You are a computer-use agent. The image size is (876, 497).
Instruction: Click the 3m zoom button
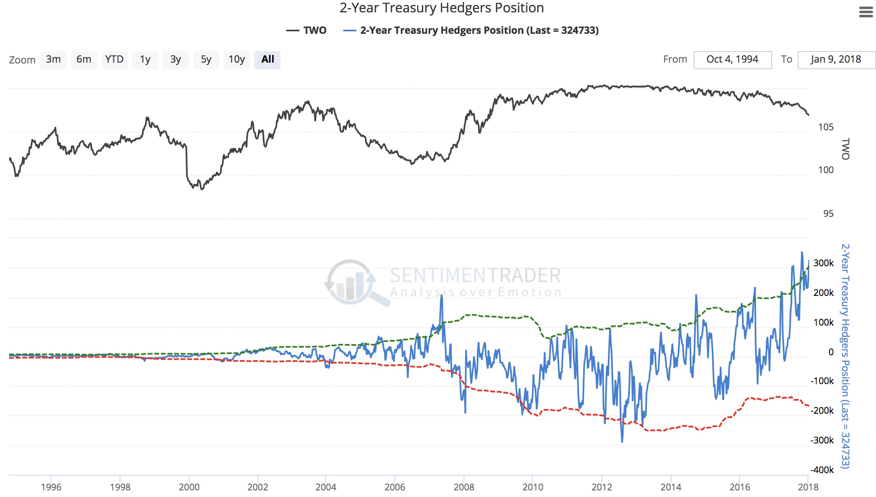53,60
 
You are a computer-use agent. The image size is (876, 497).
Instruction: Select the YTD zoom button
114,60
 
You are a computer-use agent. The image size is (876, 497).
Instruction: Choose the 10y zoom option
237,60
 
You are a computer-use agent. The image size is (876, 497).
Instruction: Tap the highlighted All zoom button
267,60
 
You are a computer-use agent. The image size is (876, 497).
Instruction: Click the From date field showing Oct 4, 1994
732,60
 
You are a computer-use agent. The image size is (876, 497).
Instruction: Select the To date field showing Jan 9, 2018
836,60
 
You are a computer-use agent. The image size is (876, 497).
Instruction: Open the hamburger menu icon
866,12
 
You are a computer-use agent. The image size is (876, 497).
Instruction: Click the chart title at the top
441,8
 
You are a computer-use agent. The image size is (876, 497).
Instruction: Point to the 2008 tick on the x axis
464,487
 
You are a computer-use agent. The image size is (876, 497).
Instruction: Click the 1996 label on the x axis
51,487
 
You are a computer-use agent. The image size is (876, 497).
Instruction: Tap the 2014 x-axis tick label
671,487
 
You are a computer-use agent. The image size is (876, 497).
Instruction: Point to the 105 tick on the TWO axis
826,127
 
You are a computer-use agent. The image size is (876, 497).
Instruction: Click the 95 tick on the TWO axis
828,213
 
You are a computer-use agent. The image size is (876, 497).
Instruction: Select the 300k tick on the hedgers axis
823,263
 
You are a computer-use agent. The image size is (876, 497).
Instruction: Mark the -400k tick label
822,470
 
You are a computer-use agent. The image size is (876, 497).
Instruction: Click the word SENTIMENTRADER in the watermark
475,275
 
